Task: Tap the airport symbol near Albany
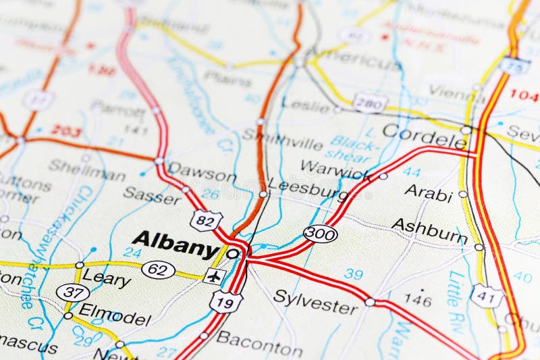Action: pyautogui.click(x=215, y=276)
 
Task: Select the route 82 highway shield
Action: pyautogui.click(x=206, y=220)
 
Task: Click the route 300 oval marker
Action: pyautogui.click(x=320, y=234)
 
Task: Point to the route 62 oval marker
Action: pyautogui.click(x=159, y=269)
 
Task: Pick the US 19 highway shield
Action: pyautogui.click(x=225, y=301)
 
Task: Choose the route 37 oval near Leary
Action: pyautogui.click(x=72, y=292)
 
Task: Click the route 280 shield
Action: pyautogui.click(x=370, y=103)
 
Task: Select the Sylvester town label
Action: pyautogui.click(x=315, y=303)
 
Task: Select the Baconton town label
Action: pyautogui.click(x=259, y=343)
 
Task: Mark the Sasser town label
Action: pyautogui.click(x=152, y=195)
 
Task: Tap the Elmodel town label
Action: pyautogui.click(x=114, y=316)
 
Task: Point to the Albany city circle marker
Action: pyautogui.click(x=233, y=254)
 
